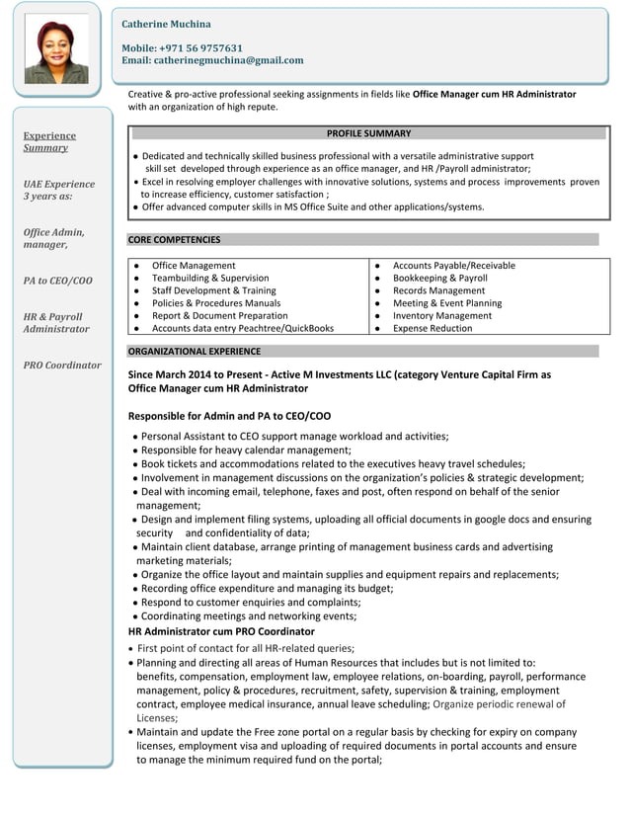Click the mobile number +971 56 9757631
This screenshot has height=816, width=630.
(182, 47)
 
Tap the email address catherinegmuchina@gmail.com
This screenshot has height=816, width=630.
(212, 60)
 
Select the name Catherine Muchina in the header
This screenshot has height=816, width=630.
(166, 24)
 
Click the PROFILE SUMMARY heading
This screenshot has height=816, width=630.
(367, 133)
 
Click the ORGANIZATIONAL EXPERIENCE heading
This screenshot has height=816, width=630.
(195, 351)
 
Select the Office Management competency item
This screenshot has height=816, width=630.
(193, 266)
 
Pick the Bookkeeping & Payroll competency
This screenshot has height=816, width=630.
(439, 279)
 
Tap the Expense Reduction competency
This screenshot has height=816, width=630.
(433, 328)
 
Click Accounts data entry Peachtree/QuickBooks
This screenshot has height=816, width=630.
(242, 328)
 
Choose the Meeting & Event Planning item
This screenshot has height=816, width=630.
(447, 303)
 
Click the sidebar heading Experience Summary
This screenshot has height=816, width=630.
(48, 141)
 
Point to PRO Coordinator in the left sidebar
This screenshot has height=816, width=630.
(62, 365)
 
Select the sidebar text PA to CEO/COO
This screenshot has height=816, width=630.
(57, 281)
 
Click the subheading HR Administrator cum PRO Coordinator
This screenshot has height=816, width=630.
(222, 631)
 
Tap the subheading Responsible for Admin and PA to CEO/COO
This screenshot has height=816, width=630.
(229, 417)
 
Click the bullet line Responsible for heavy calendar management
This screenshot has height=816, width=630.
(246, 449)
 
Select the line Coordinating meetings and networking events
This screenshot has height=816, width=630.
(249, 615)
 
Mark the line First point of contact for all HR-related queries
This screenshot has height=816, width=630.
(245, 648)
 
